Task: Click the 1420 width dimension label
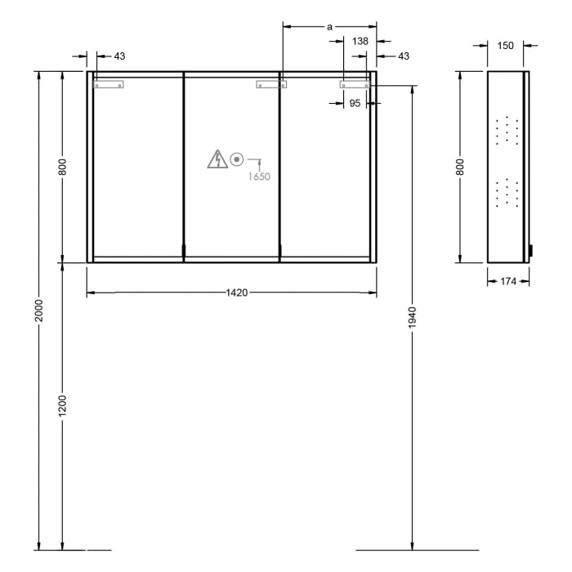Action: coord(237,292)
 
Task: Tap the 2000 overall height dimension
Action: coord(38,310)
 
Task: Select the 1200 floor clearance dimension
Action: coord(63,406)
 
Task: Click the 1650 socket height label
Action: coord(260,176)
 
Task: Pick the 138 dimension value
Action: coord(360,41)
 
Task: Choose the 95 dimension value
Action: coord(355,103)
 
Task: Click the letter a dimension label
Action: coord(329,27)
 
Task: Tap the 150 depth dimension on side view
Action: coord(506,46)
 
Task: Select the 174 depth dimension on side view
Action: coord(508,282)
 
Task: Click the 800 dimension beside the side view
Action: coord(460,167)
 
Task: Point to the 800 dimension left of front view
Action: coord(63,167)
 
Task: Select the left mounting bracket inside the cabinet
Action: coord(109,83)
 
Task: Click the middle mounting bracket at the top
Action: coord(271,83)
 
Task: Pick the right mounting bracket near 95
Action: coord(355,83)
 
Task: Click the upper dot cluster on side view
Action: coord(506,130)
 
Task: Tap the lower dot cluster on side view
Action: coord(506,192)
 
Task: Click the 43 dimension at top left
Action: coord(119,56)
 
